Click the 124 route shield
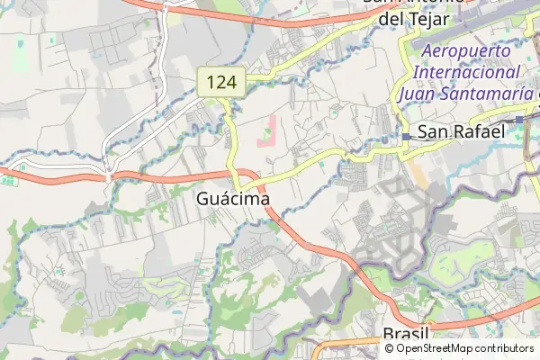tap(221, 84)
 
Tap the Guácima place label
tap(233, 198)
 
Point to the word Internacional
tap(468, 72)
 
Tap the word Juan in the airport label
tap(418, 93)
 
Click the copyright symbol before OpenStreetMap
tap(390, 348)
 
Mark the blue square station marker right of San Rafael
tap(520, 119)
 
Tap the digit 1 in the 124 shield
tap(211, 84)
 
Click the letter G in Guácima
tap(202, 198)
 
